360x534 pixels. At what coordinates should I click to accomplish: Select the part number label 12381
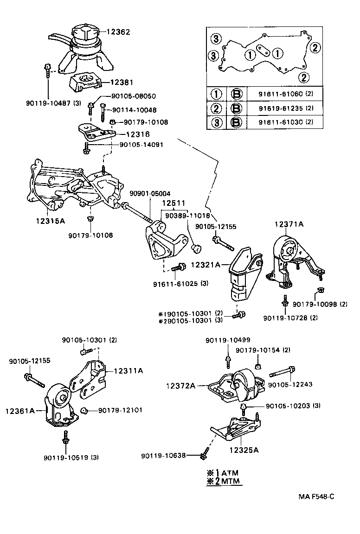click(122, 83)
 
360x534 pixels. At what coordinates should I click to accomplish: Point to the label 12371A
click(289, 224)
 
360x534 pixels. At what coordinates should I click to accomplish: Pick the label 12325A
click(244, 450)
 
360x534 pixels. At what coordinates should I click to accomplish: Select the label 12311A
click(129, 370)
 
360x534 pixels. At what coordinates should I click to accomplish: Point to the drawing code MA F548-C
click(316, 496)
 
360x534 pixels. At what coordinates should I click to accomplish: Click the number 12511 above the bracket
click(174, 203)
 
